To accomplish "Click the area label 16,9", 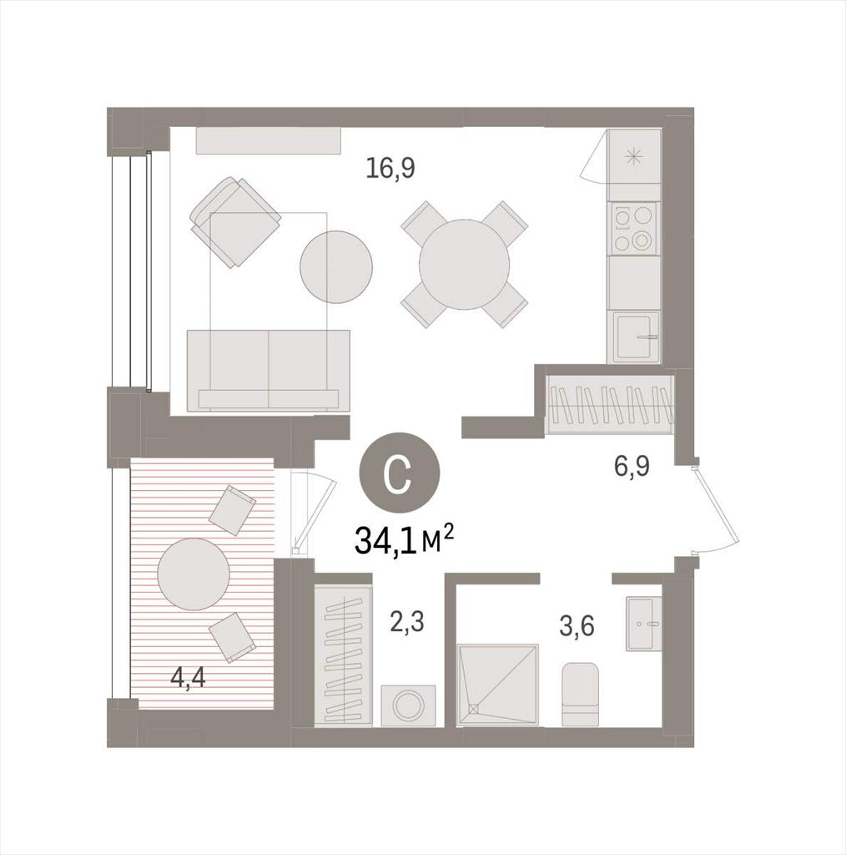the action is point(390,169).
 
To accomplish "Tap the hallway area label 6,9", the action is point(632,467).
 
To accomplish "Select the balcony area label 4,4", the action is point(188,678).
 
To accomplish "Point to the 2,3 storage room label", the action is point(407,621).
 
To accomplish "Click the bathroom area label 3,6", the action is point(577,626).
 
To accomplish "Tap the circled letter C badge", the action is point(398,472).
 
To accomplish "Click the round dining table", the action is point(464,265).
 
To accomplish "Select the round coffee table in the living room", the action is point(336,267).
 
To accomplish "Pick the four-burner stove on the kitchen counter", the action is point(634,229).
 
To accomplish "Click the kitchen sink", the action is point(636,336).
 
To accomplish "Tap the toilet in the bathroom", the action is point(580,694).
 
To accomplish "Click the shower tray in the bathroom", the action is point(498,686).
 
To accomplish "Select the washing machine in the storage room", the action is point(408,705).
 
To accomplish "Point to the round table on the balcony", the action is point(194,574).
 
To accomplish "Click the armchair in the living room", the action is point(235,222).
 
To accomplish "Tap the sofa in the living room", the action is point(268,370).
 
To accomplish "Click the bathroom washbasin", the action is point(644,623).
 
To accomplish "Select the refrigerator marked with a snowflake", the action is point(634,156).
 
